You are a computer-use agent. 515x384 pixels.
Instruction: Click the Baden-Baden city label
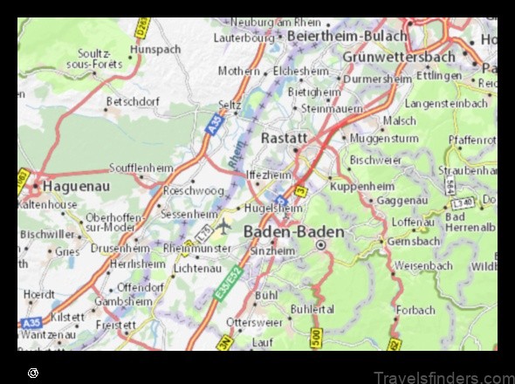pos(294,231)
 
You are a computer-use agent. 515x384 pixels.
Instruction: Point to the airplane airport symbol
pos(224,226)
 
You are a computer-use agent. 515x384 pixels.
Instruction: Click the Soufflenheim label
pos(141,168)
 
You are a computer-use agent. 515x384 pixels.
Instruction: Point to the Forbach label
pos(415,310)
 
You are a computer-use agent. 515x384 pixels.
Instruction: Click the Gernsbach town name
pos(412,240)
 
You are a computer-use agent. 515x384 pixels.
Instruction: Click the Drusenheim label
pos(118,248)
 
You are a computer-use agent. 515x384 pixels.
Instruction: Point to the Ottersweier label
pos(253,322)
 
